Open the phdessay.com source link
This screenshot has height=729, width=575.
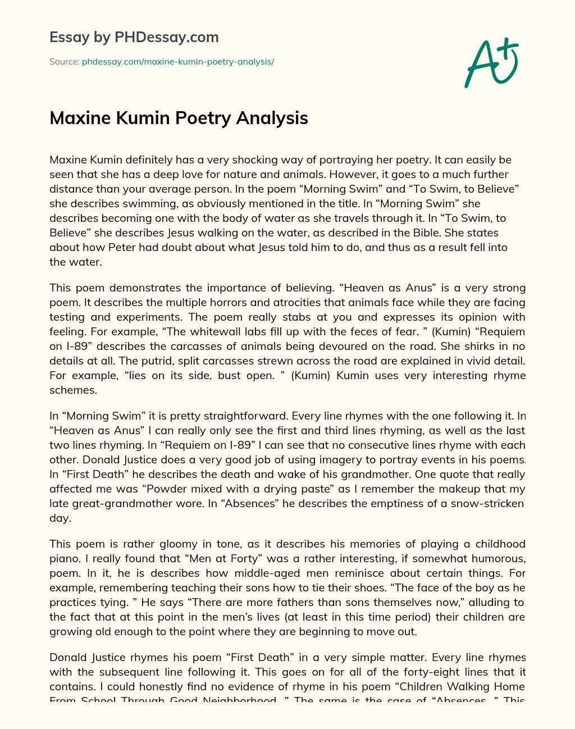tap(178, 62)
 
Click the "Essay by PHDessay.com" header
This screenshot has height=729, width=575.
tap(134, 37)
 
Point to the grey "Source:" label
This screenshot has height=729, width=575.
tap(64, 62)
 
